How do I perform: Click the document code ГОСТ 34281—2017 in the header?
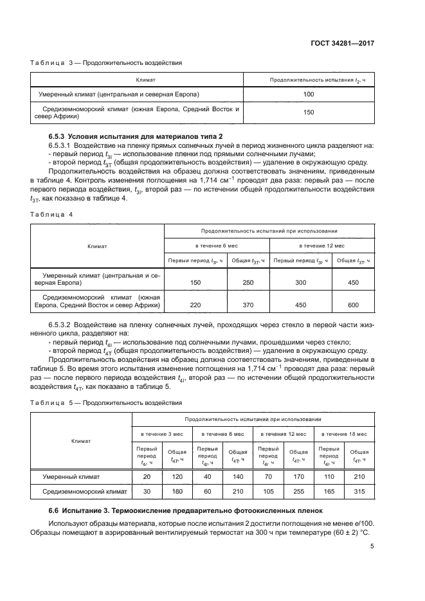[x=346, y=42]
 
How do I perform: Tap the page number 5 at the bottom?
[x=372, y=547]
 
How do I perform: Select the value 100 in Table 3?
[x=308, y=94]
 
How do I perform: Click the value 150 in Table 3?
[x=308, y=112]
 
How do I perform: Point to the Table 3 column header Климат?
[x=137, y=79]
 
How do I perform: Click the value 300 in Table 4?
[x=300, y=283]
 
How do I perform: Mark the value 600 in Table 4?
[x=353, y=306]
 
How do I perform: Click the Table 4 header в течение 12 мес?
[x=321, y=246]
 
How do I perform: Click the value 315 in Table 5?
[x=359, y=492]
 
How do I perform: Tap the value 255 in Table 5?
[x=299, y=492]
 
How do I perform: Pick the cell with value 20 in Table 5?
[x=146, y=476]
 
